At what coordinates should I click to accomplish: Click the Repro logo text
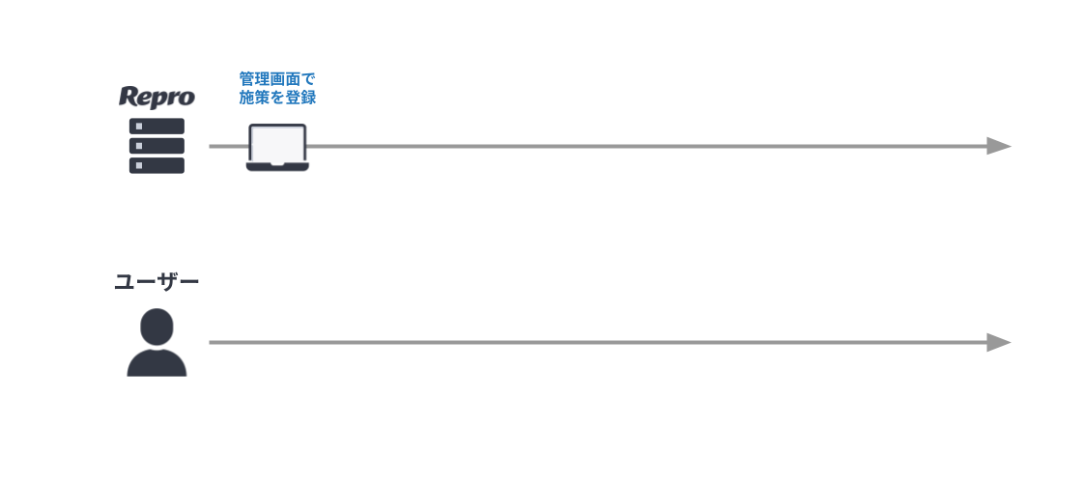click(157, 98)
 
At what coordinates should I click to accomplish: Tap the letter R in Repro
click(128, 96)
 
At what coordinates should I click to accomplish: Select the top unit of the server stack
click(157, 127)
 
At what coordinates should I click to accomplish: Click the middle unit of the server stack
click(157, 146)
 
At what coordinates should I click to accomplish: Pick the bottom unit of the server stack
click(157, 166)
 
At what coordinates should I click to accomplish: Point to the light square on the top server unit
click(139, 127)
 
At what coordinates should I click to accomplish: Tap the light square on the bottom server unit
click(139, 166)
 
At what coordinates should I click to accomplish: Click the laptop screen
click(277, 144)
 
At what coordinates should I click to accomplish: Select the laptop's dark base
click(277, 166)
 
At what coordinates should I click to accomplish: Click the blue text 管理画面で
click(277, 78)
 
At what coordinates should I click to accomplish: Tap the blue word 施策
click(254, 98)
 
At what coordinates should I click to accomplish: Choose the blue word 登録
click(300, 98)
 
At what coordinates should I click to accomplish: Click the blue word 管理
click(254, 78)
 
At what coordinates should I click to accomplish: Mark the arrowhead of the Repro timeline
click(999, 147)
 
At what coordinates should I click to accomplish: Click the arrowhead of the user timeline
click(999, 342)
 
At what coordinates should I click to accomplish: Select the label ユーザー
click(157, 282)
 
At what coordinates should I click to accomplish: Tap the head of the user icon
click(157, 327)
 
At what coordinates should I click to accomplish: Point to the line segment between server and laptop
click(229, 147)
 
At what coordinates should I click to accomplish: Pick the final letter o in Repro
click(186, 99)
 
